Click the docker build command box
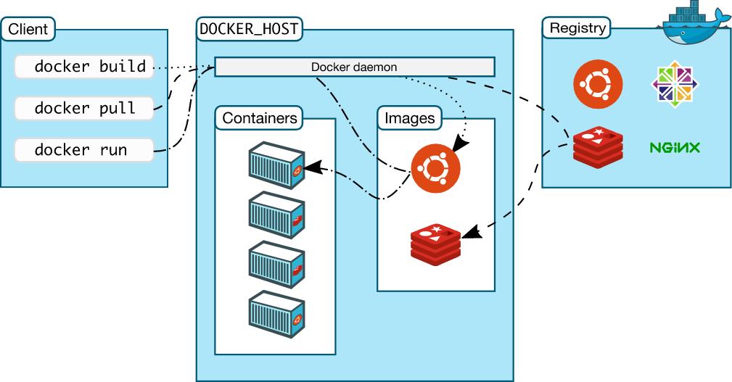84,67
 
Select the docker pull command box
84,109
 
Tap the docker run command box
84,150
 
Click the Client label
28,30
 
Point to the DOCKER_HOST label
250,30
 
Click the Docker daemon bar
354,67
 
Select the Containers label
260,117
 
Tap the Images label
410,117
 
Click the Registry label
577,28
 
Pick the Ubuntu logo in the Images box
435,167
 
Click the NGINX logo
674,148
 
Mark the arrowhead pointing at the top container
311,168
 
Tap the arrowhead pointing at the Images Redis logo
469,233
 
